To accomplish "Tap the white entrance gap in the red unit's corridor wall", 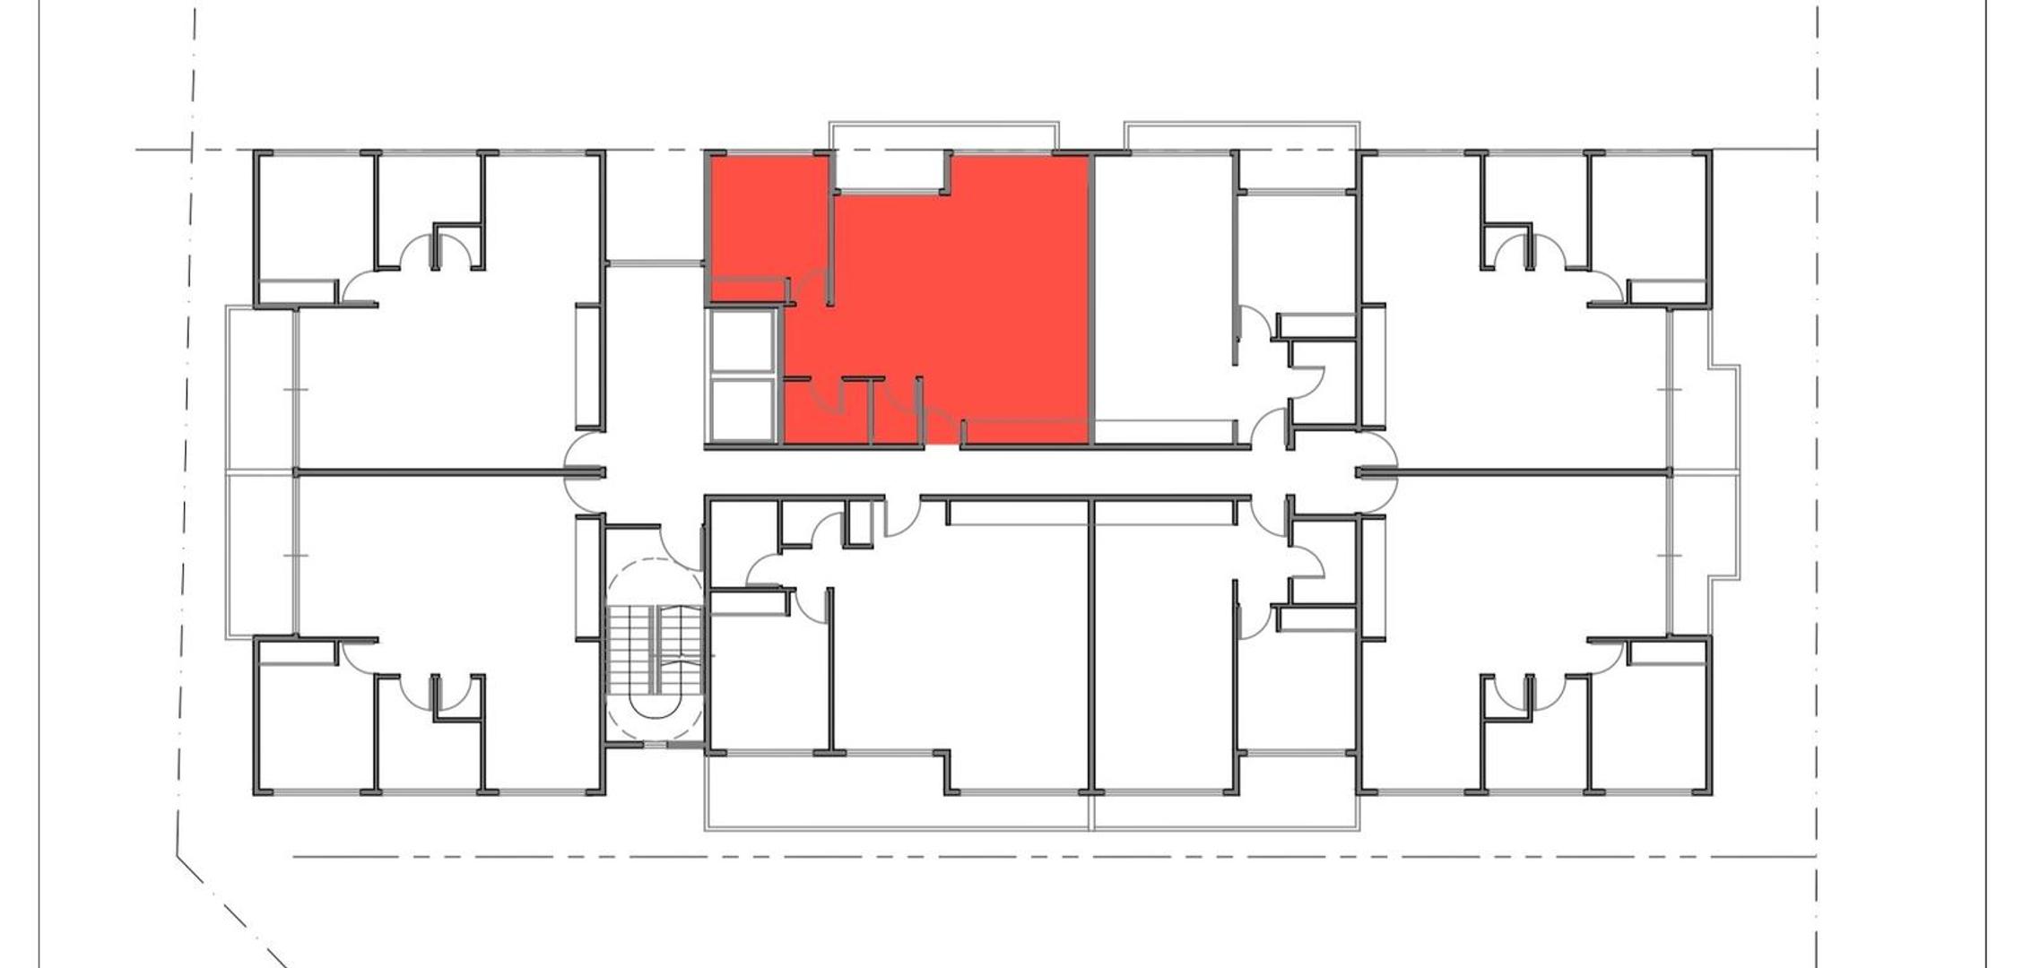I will click(x=942, y=445).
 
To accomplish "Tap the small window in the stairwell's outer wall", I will click(x=656, y=745).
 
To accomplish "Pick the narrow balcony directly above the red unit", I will click(x=943, y=134).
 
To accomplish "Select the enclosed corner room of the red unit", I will click(x=768, y=215).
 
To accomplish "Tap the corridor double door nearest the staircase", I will click(x=585, y=472).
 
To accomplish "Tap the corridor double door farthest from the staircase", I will click(x=1376, y=472).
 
